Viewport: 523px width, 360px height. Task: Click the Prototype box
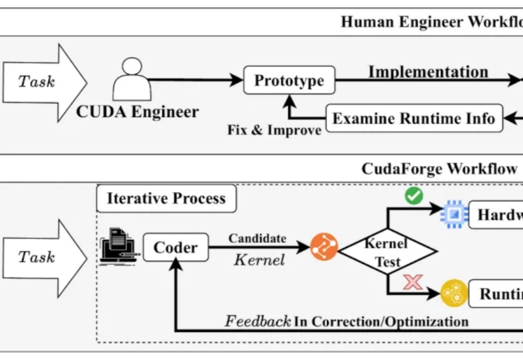(x=289, y=80)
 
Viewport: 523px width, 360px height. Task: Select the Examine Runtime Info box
(x=414, y=119)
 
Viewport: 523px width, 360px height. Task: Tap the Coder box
(x=175, y=247)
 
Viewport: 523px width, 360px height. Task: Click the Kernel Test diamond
(x=388, y=252)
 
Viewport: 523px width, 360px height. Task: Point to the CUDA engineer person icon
(x=132, y=79)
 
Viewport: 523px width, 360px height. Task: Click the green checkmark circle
(x=414, y=195)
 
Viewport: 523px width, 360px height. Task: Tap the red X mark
(x=413, y=282)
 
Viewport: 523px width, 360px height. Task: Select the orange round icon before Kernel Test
(x=323, y=247)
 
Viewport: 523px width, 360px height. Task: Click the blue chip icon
(x=454, y=214)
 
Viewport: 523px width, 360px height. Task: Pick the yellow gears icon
(x=454, y=293)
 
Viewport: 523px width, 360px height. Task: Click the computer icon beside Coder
(x=118, y=247)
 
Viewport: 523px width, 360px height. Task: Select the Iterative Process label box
(x=166, y=198)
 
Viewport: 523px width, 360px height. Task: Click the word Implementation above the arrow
(x=428, y=72)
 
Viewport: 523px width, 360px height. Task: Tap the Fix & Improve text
(x=274, y=130)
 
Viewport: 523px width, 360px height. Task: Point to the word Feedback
(x=258, y=321)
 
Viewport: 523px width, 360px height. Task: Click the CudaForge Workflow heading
(x=439, y=169)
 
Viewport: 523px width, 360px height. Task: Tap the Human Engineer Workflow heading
(x=431, y=22)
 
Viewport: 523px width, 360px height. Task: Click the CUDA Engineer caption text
(x=138, y=112)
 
